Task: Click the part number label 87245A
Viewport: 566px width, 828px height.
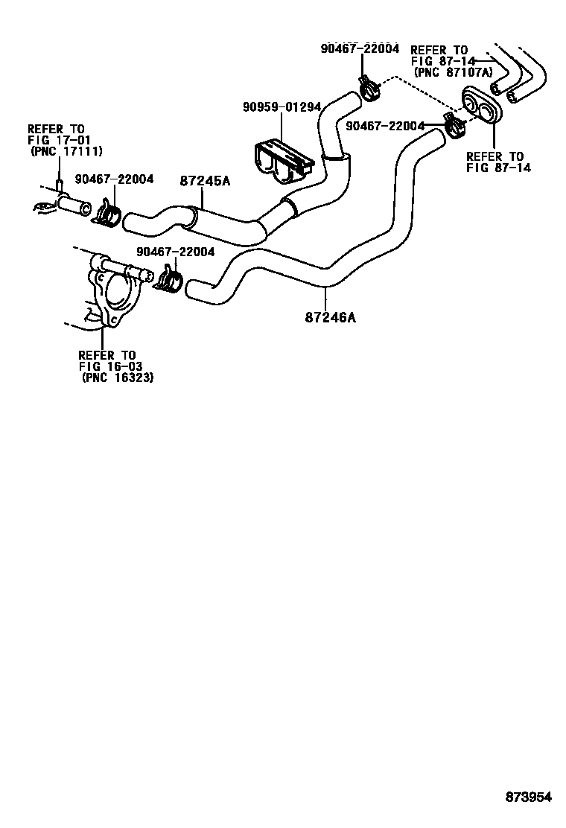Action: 205,180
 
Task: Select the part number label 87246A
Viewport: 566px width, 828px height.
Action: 330,318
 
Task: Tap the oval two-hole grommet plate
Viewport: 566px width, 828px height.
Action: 481,107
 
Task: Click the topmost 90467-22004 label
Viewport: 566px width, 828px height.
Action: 360,49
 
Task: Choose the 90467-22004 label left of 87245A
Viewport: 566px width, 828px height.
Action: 114,179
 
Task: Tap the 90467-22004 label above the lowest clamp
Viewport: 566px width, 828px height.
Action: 175,252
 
